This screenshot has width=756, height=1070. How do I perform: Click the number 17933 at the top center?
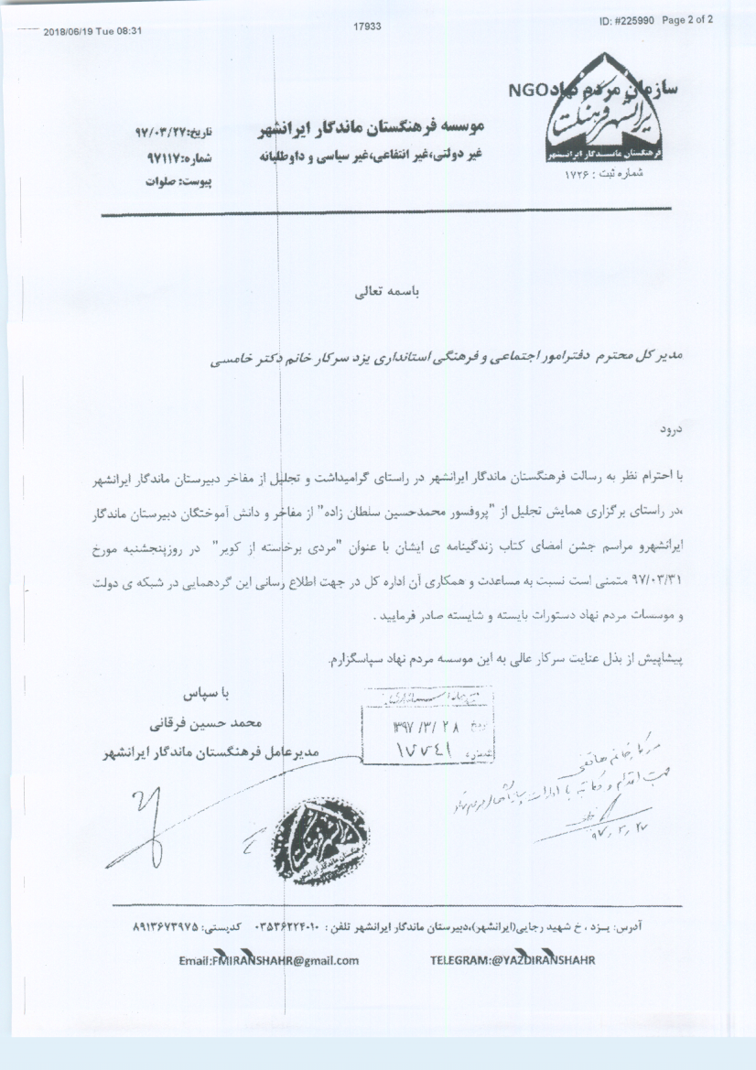click(x=366, y=27)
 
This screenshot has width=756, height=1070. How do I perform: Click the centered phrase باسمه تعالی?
click(x=377, y=297)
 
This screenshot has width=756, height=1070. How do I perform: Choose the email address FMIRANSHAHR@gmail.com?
click(x=268, y=960)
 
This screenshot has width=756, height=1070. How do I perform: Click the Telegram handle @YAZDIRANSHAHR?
click(x=513, y=959)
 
